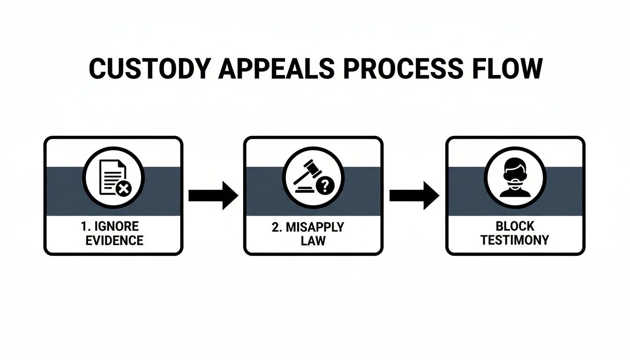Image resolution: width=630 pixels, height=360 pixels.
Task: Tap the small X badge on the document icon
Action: point(124,189)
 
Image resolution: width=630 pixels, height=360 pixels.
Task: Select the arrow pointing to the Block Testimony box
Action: point(414,195)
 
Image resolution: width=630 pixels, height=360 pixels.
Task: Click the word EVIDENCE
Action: point(114,241)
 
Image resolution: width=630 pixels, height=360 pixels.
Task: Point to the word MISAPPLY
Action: point(321,227)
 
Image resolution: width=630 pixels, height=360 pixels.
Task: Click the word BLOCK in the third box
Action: point(515,226)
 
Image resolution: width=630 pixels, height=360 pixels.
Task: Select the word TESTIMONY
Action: point(515,240)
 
